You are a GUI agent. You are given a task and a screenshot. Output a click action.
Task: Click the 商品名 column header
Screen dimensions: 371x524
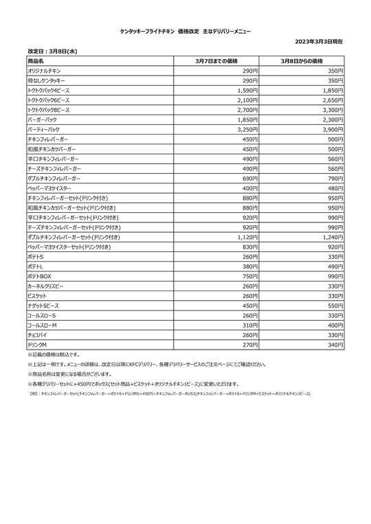tap(36, 61)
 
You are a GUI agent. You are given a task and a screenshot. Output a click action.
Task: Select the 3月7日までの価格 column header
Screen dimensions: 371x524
tap(217, 61)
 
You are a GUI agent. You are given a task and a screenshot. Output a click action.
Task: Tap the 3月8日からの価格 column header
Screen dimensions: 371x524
tap(302, 61)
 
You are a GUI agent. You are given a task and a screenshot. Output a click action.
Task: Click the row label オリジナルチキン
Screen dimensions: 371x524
tap(46, 71)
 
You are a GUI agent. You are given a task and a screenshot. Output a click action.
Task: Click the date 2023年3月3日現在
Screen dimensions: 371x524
tap(319, 42)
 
